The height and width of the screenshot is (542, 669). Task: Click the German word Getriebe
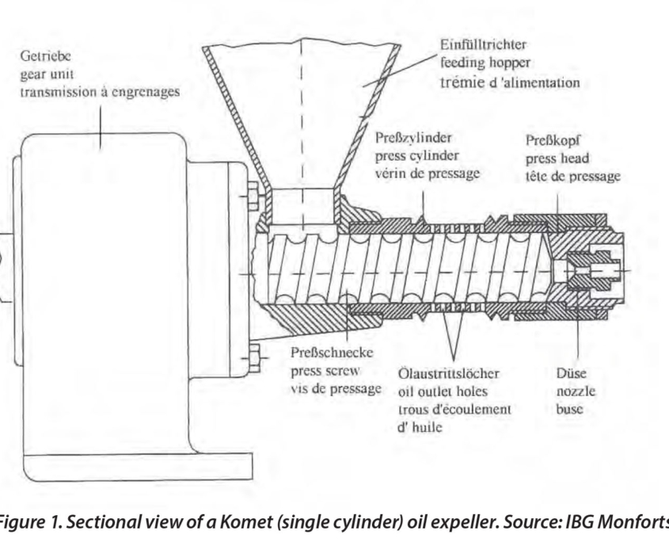[x=45, y=56]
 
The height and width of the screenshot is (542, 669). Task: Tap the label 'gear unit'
[x=47, y=74]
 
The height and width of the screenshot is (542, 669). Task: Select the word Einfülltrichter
[x=484, y=44]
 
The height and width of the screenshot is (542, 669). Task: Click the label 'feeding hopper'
[x=485, y=63]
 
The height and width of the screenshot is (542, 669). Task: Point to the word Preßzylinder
[x=413, y=138]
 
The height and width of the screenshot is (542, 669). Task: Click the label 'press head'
[x=557, y=158]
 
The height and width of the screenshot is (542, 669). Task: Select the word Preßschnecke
[x=332, y=353]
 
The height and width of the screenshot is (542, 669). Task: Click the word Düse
[x=572, y=373]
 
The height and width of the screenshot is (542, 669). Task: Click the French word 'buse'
[x=569, y=409]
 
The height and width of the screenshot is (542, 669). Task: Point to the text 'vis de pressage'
[x=336, y=389]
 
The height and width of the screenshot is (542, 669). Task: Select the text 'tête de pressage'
[x=573, y=177]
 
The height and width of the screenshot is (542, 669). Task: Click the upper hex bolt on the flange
[x=253, y=197]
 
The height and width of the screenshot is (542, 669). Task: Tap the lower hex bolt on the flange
[x=253, y=357]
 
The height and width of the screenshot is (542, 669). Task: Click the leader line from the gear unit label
[x=101, y=128]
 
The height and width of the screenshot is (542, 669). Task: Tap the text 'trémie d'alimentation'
[x=510, y=82]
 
